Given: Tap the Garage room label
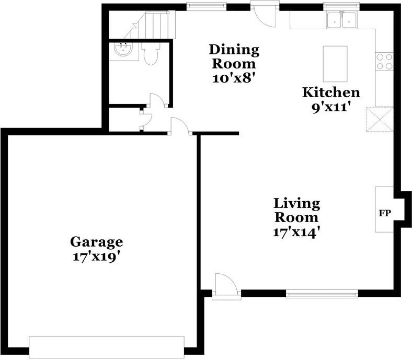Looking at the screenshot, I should [x=97, y=242].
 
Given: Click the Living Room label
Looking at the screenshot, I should [x=297, y=210].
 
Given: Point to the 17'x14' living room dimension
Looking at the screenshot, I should [x=297, y=233].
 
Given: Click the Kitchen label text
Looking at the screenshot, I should [x=331, y=92].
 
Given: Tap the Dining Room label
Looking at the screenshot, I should [x=234, y=57].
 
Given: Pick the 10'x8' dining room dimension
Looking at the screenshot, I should [x=234, y=79].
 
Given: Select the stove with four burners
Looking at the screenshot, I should [x=384, y=62].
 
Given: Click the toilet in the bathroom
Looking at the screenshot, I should [x=150, y=54].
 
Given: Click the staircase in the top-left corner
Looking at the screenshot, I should [x=155, y=26].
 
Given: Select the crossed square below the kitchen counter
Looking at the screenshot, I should [x=379, y=120].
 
